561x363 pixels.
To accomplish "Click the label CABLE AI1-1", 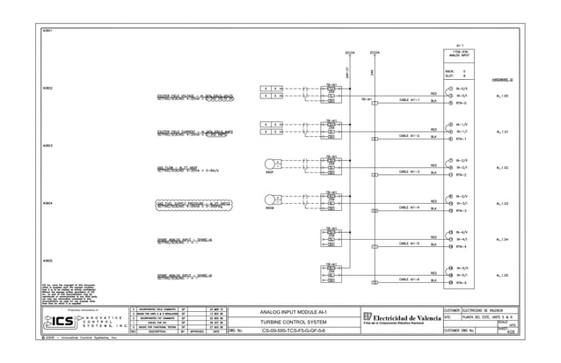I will click(410, 100).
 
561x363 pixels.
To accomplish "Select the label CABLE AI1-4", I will click(410, 207).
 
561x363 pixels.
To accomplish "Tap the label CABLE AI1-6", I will click(410, 280).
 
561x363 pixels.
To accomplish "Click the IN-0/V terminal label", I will click(462, 89).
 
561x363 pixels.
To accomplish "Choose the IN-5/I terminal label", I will click(462, 275).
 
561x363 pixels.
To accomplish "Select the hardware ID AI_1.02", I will click(502, 167).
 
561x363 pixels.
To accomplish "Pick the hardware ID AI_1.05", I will click(502, 275).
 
